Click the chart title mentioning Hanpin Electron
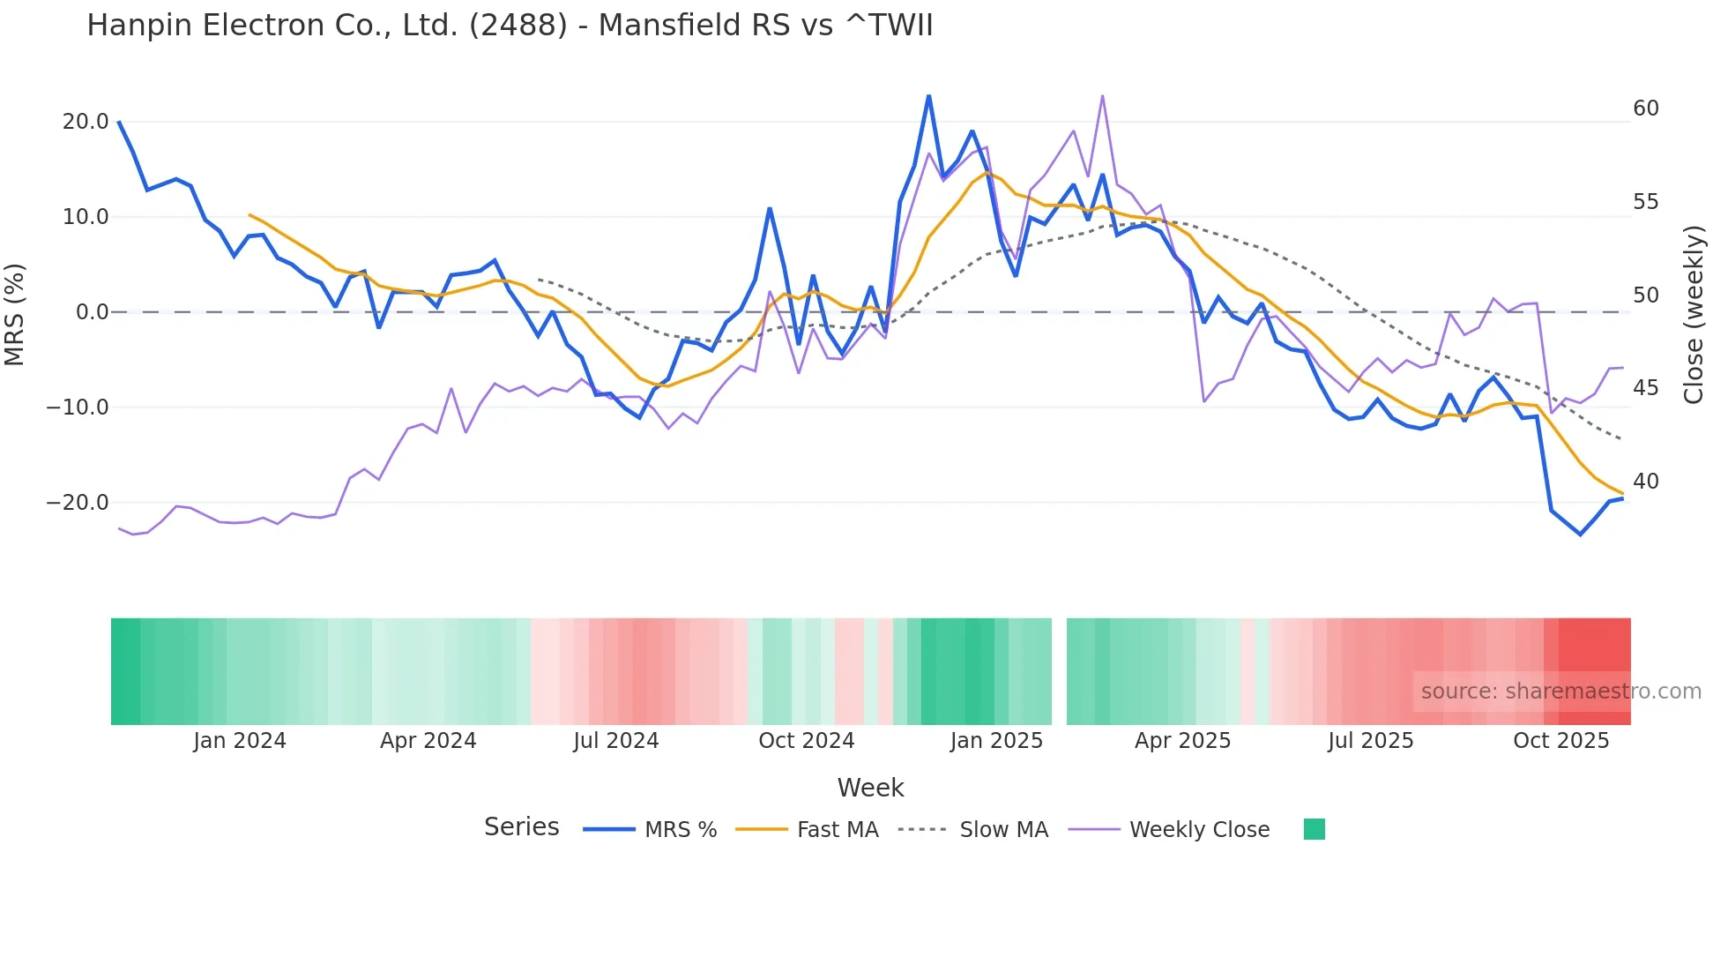click(510, 26)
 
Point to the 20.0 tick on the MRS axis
click(86, 122)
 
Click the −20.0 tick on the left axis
click(78, 503)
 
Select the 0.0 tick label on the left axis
click(92, 312)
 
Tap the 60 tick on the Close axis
click(1645, 108)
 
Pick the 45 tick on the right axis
click(1645, 388)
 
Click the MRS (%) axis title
click(15, 314)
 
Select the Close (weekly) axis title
click(1693, 314)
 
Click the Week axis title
click(870, 788)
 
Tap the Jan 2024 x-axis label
click(240, 741)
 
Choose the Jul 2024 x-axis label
click(616, 741)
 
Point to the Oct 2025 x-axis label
click(1560, 741)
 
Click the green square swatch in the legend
click(1314, 829)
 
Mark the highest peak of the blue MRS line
click(928, 96)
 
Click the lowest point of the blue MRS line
click(1580, 535)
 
